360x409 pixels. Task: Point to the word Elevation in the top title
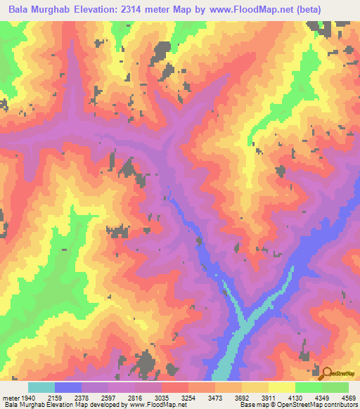coord(103,10)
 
